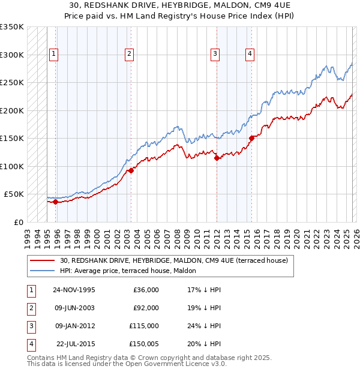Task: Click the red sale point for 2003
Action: (131, 170)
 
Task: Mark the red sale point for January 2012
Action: (217, 158)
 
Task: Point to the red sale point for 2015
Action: (251, 138)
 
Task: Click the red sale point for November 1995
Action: (55, 202)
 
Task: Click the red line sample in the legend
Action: (43, 261)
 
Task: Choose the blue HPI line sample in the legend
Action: (43, 271)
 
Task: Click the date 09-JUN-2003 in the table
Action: (74, 308)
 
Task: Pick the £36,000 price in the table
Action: (145, 290)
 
